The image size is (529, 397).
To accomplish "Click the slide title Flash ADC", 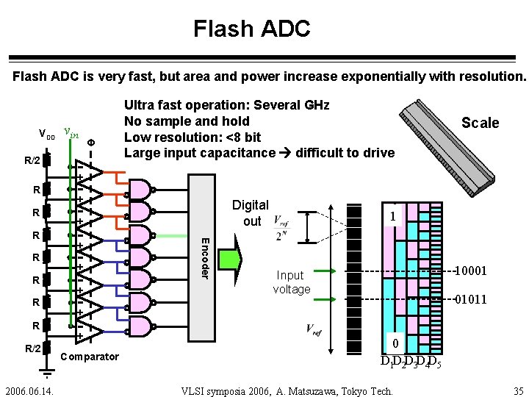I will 252,29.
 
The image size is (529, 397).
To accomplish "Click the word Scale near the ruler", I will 480,124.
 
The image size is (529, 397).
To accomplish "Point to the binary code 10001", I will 470,271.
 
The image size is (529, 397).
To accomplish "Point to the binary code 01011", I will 470,299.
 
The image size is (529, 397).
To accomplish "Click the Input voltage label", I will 292,282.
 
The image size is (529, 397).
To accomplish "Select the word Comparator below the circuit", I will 90,357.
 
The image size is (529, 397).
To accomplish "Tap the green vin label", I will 71,132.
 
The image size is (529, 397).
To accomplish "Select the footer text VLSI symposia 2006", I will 287,390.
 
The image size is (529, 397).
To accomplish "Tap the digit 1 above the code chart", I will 394,217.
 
